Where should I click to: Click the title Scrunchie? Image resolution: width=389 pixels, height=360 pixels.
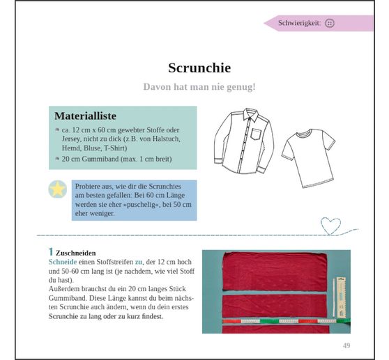[199, 68]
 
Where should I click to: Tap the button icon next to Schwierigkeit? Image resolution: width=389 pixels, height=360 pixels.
[330, 23]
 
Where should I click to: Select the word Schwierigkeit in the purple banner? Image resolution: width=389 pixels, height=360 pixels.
[298, 23]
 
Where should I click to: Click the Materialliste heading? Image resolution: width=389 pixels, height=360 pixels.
[85, 116]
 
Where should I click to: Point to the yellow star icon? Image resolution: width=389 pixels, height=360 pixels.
[58, 189]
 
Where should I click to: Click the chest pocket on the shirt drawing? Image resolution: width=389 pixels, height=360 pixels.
[256, 134]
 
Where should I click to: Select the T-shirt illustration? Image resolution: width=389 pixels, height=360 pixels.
[308, 158]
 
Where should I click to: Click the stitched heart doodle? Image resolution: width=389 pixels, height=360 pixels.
[330, 226]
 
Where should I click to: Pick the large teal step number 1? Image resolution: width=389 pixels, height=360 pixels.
[51, 252]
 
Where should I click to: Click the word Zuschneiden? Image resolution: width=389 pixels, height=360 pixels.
[76, 253]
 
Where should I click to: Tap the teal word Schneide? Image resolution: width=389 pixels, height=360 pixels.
[63, 262]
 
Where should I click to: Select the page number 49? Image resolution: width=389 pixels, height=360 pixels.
[346, 345]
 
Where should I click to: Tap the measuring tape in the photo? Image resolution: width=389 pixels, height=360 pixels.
[286, 321]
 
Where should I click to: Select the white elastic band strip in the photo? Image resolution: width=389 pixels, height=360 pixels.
[334, 297]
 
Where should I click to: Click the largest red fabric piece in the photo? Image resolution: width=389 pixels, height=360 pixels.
[275, 272]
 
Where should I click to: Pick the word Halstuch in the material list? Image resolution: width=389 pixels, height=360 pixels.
[166, 139]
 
